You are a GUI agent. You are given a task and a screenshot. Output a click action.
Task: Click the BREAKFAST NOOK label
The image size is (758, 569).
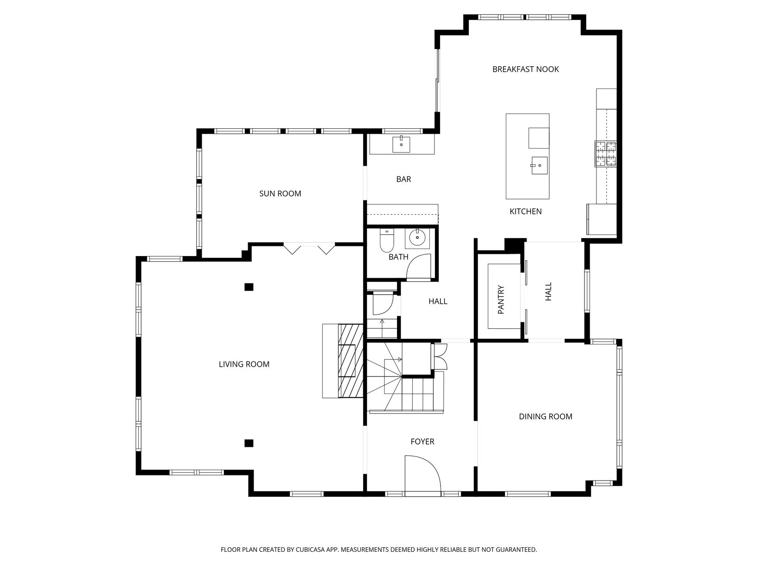(x=525, y=69)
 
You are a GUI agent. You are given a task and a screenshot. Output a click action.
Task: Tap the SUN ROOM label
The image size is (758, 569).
(x=280, y=194)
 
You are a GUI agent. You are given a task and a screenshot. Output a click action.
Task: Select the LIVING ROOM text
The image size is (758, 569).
(x=244, y=364)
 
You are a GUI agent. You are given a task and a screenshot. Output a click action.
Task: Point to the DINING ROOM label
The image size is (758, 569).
(x=545, y=417)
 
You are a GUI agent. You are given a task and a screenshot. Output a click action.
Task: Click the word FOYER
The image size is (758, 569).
(x=422, y=442)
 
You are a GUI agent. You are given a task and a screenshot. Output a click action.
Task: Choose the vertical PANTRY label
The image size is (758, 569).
(x=501, y=300)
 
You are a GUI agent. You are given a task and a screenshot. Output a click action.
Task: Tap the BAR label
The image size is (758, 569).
(x=404, y=179)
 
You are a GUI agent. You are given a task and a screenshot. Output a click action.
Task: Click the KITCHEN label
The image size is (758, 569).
(x=526, y=212)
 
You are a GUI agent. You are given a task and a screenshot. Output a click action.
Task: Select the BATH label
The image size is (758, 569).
(x=398, y=257)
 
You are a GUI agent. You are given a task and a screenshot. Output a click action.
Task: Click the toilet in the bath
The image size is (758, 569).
(x=387, y=240)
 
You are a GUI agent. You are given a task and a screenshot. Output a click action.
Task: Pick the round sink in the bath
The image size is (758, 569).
(x=417, y=238)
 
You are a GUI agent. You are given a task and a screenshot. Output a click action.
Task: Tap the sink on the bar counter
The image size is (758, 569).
(x=401, y=144)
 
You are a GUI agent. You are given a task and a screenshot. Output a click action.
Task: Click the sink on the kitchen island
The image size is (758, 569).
(x=540, y=165)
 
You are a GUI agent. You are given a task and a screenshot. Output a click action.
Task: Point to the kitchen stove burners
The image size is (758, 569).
(x=605, y=154)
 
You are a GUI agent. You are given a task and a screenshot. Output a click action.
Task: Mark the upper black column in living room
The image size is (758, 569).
(x=249, y=287)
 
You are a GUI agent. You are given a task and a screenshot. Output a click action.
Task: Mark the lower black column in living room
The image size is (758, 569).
(x=249, y=443)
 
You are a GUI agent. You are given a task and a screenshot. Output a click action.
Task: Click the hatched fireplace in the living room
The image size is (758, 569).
(x=350, y=361)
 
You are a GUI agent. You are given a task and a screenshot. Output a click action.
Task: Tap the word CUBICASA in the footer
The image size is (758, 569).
(x=310, y=550)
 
